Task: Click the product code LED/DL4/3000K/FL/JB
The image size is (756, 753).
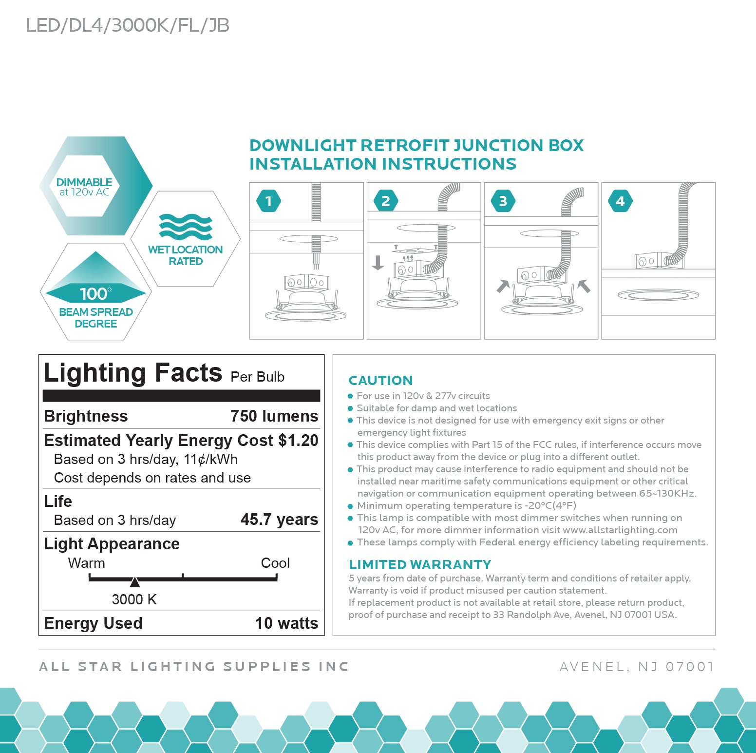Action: (128, 25)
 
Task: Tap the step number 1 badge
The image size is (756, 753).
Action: (268, 201)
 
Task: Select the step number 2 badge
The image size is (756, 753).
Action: (386, 201)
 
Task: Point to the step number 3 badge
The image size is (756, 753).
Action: (503, 201)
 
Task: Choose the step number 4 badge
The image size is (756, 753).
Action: (620, 201)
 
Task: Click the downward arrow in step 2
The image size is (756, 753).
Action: (378, 263)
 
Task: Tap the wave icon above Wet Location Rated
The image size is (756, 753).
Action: (186, 227)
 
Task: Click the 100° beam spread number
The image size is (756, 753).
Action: (95, 294)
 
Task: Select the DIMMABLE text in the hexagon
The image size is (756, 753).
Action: (84, 182)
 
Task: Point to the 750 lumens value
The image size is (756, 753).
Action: (274, 416)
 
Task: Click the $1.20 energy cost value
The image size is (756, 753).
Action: (298, 441)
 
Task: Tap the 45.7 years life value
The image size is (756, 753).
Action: (279, 520)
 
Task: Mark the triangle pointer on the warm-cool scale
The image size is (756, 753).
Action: (135, 582)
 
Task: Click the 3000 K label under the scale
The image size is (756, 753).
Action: (134, 599)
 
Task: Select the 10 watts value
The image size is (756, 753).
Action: (286, 623)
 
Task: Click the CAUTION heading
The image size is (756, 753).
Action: (381, 381)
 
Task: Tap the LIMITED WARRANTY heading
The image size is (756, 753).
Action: (420, 565)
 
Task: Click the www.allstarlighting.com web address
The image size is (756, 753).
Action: (620, 530)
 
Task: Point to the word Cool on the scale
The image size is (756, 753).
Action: (275, 563)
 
